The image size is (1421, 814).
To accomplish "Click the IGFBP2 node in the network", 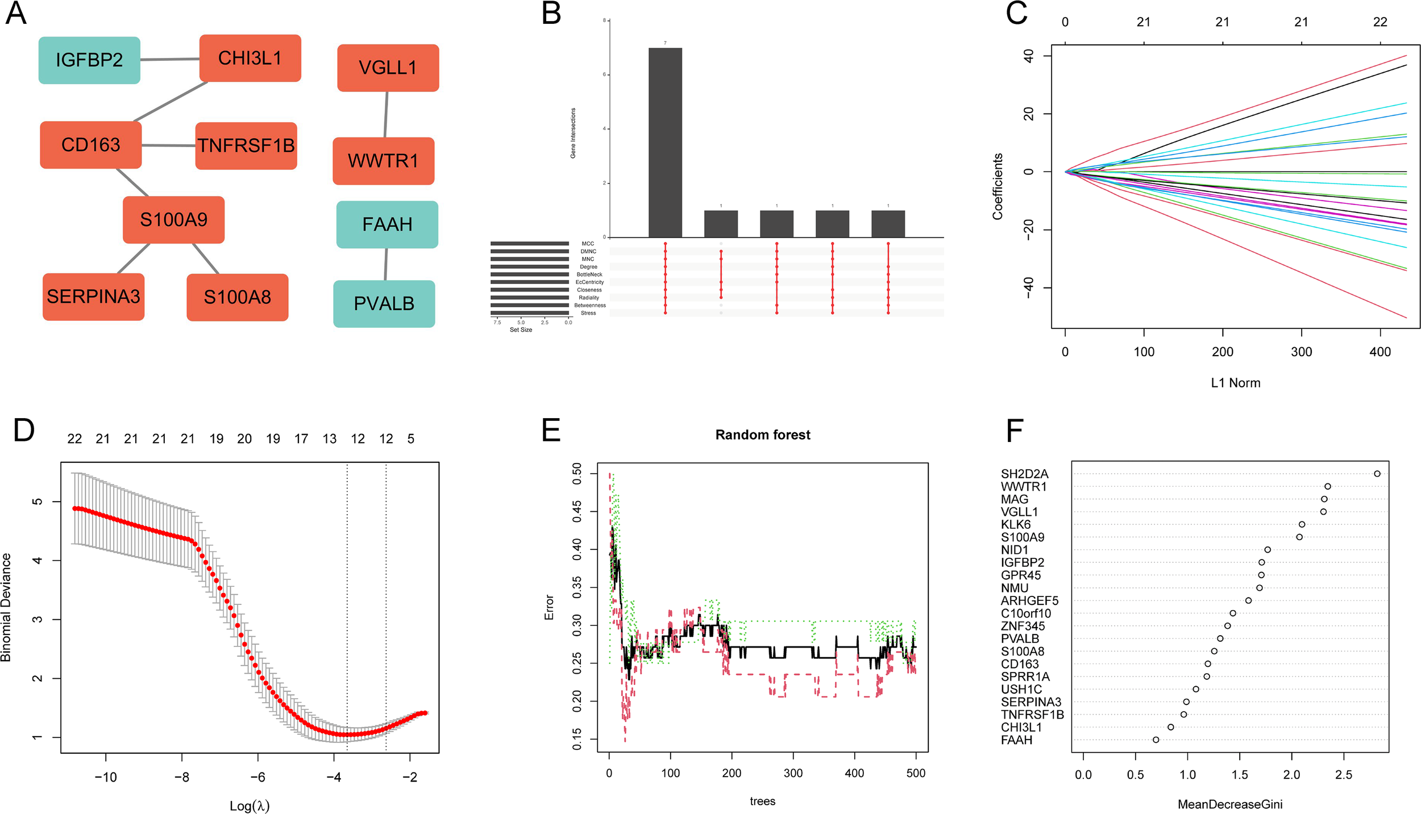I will click(x=89, y=60).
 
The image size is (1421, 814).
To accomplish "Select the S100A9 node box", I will click(x=173, y=220).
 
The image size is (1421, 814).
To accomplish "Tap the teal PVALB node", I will click(x=384, y=304).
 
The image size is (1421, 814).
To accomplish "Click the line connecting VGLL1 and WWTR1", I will click(x=387, y=114).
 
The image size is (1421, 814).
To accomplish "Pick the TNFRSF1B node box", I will click(x=246, y=146).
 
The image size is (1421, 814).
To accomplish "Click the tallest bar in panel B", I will click(x=665, y=142).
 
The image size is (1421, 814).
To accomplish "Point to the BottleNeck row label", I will click(x=589, y=274).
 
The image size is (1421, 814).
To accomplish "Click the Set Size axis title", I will click(x=521, y=330).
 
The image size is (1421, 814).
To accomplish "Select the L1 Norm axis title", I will click(x=1235, y=383).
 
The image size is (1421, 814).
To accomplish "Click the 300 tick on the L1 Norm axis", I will click(x=1301, y=352).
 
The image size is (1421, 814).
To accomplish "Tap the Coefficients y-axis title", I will click(x=998, y=186).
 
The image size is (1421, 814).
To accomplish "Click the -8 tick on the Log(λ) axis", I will click(x=182, y=777).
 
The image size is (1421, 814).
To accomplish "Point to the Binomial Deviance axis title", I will click(x=6, y=607).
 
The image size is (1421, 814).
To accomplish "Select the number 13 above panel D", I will click(x=329, y=439).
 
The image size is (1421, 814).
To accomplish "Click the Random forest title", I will click(x=762, y=435).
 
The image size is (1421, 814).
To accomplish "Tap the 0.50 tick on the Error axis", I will click(x=577, y=473).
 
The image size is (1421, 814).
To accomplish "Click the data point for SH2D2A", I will click(x=1377, y=474).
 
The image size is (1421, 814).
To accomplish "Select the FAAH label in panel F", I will click(x=1016, y=740).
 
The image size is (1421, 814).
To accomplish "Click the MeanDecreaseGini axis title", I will click(x=1229, y=804).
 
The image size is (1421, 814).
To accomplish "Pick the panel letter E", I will click(x=551, y=430).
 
